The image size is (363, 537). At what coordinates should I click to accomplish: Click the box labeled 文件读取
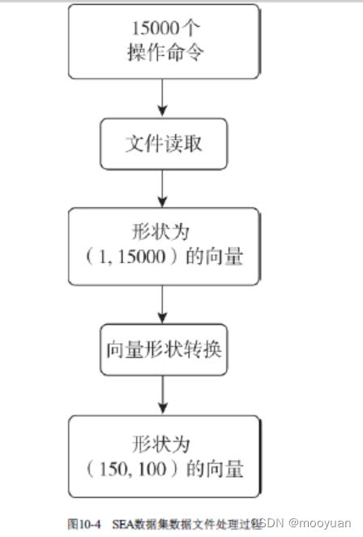coord(163,144)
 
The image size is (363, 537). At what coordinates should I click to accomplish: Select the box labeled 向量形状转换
coord(163,351)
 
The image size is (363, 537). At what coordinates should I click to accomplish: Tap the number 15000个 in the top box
coord(164,28)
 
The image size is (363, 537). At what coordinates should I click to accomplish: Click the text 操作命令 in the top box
coord(164,52)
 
